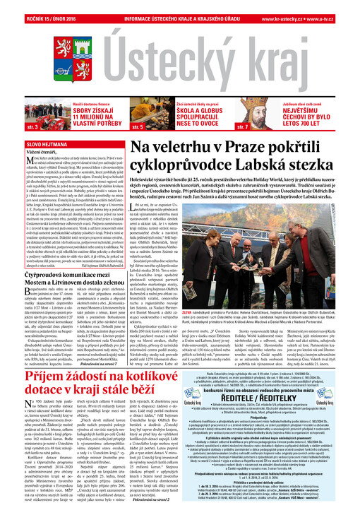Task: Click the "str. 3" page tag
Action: point(13,126)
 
